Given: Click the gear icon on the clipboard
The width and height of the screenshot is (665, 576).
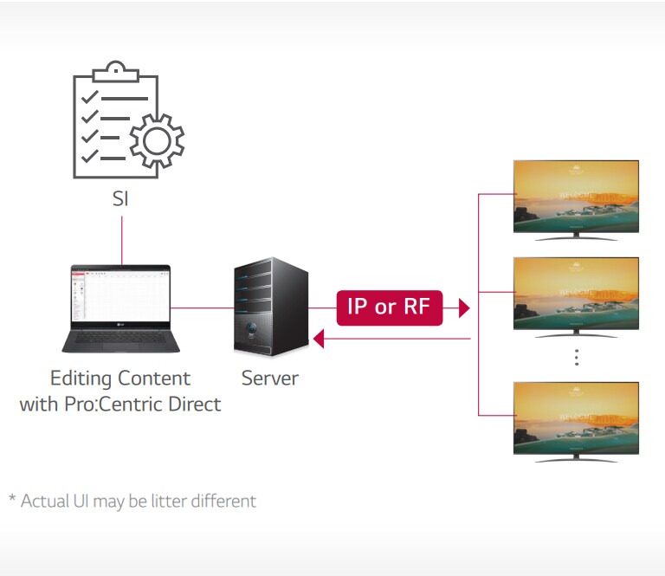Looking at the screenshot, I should (x=157, y=139).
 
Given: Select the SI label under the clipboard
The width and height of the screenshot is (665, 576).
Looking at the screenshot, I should (x=121, y=198).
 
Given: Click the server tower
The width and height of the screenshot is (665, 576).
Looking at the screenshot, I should (x=270, y=307).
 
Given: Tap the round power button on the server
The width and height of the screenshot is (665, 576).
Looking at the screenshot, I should (x=252, y=330).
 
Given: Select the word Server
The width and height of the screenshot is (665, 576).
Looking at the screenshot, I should (x=269, y=379).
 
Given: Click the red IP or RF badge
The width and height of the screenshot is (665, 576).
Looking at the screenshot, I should (x=390, y=307).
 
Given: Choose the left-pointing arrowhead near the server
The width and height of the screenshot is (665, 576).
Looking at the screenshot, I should (x=318, y=340).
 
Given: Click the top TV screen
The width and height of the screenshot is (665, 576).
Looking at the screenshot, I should (x=576, y=195).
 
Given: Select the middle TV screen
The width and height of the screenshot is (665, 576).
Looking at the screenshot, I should (x=576, y=292).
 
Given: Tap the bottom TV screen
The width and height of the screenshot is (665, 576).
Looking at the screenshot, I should (x=576, y=417).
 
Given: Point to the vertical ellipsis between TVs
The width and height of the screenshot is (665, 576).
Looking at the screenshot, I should (x=576, y=357).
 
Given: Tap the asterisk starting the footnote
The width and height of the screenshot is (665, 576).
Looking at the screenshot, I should (x=12, y=499).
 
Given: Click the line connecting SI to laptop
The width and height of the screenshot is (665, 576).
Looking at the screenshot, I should (x=121, y=238).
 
